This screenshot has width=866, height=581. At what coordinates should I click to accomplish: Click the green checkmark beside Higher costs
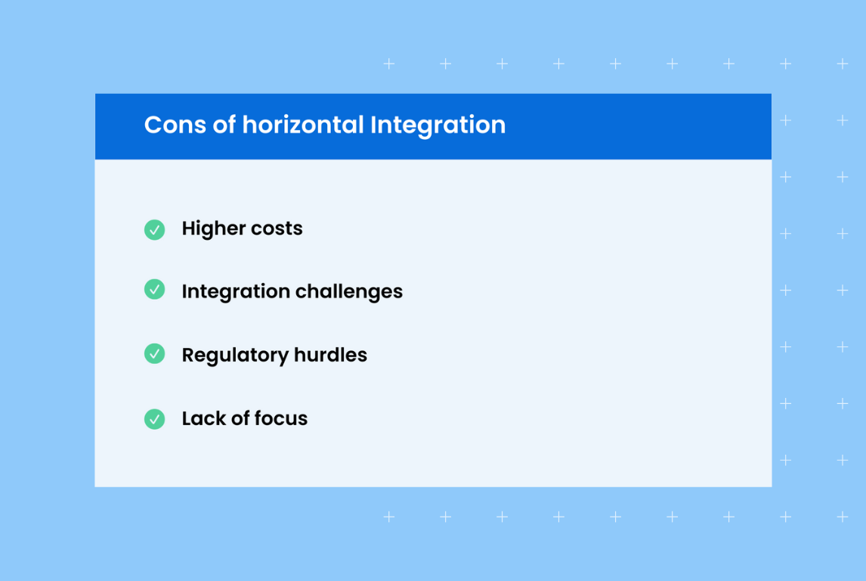(154, 229)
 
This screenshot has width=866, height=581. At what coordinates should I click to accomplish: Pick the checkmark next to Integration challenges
(154, 289)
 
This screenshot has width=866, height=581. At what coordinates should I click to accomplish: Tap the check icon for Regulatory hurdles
(154, 353)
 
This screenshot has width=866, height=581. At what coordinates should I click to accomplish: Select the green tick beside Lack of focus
(154, 418)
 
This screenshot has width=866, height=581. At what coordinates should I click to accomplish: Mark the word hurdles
(332, 355)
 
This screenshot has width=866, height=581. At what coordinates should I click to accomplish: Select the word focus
(281, 418)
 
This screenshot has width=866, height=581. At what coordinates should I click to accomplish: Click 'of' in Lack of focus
(240, 418)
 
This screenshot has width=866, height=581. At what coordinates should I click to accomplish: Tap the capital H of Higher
(189, 228)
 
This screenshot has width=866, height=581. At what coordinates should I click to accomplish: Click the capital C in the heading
(153, 125)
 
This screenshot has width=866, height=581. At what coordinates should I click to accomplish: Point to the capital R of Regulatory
(188, 355)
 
